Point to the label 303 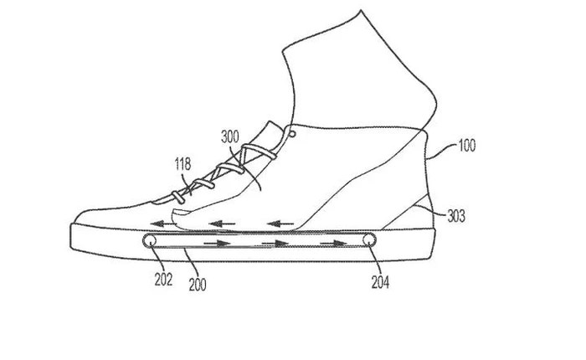[455, 216]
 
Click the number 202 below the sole [163, 279]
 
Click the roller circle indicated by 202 [149, 242]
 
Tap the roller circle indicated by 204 [369, 242]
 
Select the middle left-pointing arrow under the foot [221, 224]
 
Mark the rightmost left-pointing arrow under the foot [280, 224]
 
